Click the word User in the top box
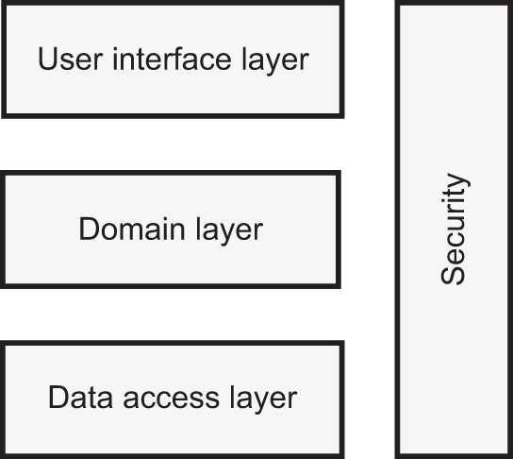[x=71, y=59]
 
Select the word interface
[x=172, y=59]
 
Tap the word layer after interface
[x=275, y=61]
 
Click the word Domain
[x=132, y=229]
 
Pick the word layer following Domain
[x=229, y=231]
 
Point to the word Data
[x=80, y=398]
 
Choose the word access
[x=171, y=399]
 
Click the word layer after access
[x=263, y=399]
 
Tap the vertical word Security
[x=455, y=229]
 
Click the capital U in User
[x=48, y=59]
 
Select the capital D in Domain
[x=90, y=229]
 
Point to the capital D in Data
[x=59, y=398]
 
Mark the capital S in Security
[x=453, y=275]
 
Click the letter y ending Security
[x=458, y=182]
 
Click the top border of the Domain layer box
[x=170, y=173]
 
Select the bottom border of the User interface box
[x=173, y=115]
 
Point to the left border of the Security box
[x=398, y=229]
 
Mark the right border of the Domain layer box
[x=339, y=229]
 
